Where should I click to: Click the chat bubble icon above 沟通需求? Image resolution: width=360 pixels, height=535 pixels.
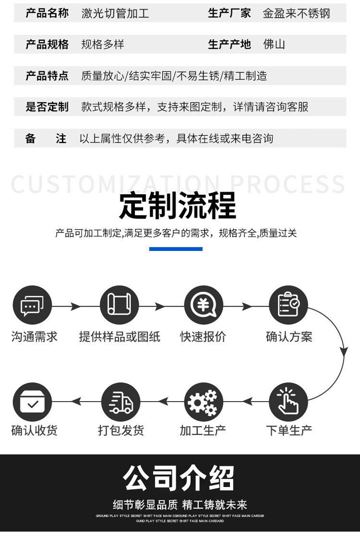pos(32,306)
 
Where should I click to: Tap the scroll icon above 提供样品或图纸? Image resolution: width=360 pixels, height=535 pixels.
pos(119,306)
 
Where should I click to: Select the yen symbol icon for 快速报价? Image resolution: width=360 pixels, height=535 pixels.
pos(204,306)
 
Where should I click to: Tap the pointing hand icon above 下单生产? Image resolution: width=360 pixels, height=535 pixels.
pos(288,402)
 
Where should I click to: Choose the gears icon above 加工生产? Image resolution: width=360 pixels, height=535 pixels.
pos(204,402)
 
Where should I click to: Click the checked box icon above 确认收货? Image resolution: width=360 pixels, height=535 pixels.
pos(32,402)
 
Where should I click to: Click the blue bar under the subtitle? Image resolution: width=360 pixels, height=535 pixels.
pos(176,249)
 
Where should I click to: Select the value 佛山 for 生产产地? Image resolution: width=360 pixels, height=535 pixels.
pos(274,45)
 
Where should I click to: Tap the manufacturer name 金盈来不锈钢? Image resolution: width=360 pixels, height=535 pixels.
pos(296,13)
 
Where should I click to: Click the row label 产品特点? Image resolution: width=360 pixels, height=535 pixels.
pos(47,76)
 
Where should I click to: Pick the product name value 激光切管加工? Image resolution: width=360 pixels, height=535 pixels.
pos(115,13)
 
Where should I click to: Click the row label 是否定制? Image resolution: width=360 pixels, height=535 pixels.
pos(47,107)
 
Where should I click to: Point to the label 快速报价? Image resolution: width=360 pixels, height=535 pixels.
pos(203,336)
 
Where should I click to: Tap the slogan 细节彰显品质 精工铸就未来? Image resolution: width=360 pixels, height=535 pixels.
pos(180,504)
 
